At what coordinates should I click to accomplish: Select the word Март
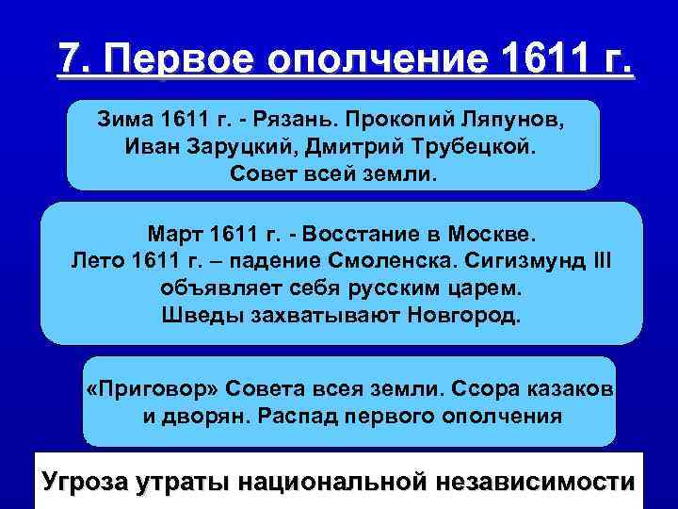pyautogui.click(x=174, y=233)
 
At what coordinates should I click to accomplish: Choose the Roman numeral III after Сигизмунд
pyautogui.click(x=598, y=259)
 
